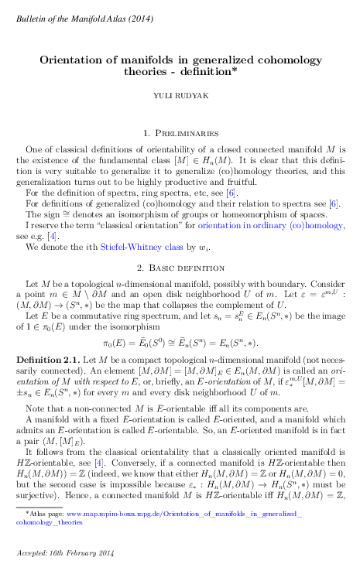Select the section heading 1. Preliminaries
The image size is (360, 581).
180,134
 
